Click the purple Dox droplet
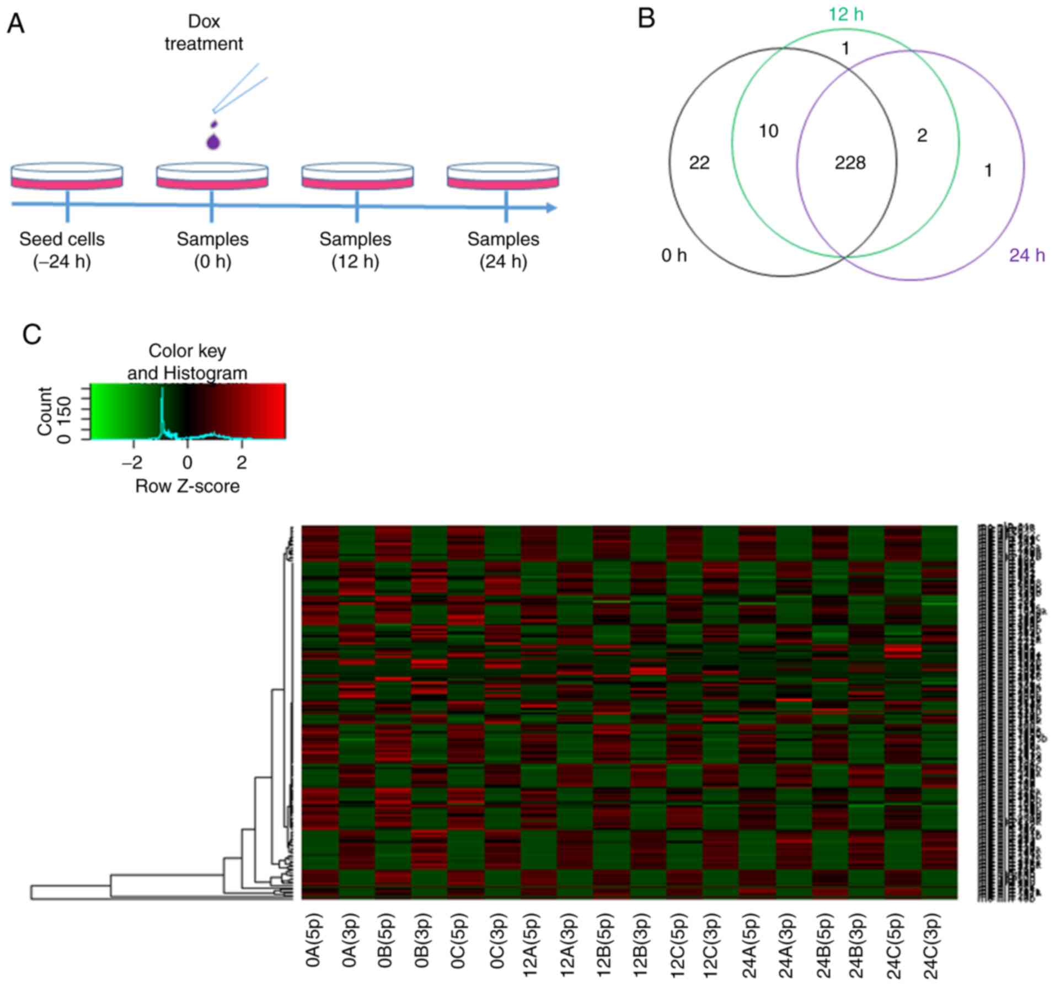pos(213,141)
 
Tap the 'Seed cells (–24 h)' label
pos(62,250)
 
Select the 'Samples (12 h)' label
pos(355,250)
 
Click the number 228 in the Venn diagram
pos(850,163)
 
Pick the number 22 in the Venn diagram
pos(699,163)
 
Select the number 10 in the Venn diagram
pos(768,131)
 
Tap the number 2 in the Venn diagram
pos(922,136)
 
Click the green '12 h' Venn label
pos(845,14)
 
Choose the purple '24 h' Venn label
pos(1027,255)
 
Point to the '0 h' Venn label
pos(674,255)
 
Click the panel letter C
pos(32,334)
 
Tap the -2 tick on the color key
pos(132,462)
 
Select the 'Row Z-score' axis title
pos(187,486)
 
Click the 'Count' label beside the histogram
pos(44,411)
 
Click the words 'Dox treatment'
pos(203,33)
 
